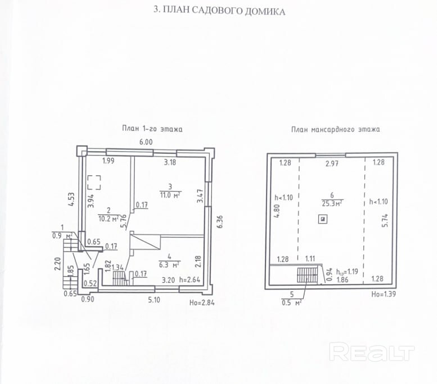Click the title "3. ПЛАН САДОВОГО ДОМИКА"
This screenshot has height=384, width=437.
[x=219, y=11]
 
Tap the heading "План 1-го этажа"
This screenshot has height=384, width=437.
[x=152, y=129]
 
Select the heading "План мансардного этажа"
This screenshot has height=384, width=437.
[x=335, y=129]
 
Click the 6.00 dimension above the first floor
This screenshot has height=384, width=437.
[x=146, y=142]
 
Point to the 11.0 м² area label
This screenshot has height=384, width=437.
[x=170, y=195]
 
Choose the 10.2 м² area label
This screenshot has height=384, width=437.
[x=109, y=219]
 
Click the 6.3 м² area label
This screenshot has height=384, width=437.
[x=169, y=264]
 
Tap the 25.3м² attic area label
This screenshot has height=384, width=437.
[x=332, y=203]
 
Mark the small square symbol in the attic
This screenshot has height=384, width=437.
[x=323, y=220]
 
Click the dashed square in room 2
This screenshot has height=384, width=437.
[x=94, y=182]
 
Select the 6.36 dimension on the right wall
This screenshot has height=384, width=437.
[x=220, y=222]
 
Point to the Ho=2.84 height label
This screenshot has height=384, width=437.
[x=202, y=303]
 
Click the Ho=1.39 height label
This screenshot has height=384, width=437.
[x=384, y=294]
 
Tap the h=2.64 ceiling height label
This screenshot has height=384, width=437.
[x=190, y=280]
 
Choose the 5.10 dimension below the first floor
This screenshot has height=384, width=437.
[x=154, y=300]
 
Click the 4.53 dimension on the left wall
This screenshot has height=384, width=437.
[x=71, y=199]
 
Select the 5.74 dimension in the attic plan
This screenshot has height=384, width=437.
[x=385, y=221]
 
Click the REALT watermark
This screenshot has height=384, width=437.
[x=372, y=351]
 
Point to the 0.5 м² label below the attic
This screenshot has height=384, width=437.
[x=292, y=303]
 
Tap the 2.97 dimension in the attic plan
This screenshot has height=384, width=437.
[x=332, y=163]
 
